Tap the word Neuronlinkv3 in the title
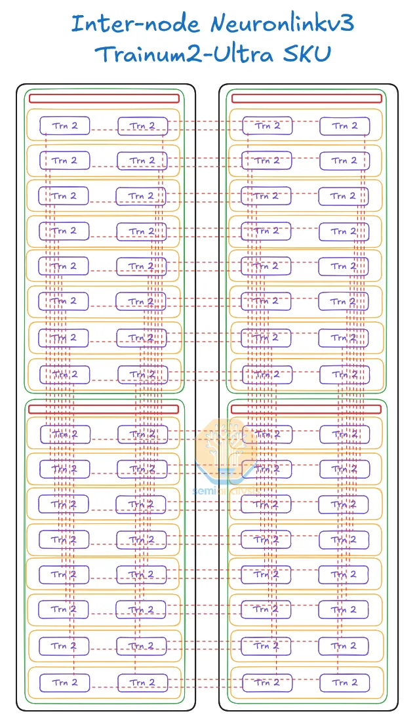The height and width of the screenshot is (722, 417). tap(283, 24)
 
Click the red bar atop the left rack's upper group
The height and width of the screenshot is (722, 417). tap(104, 98)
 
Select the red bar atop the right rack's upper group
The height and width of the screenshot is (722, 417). tap(306, 98)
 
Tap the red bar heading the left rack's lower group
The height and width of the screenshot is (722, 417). tap(104, 409)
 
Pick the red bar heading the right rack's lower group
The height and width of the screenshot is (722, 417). tap(306, 409)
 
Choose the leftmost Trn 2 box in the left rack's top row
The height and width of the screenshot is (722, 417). tap(64, 125)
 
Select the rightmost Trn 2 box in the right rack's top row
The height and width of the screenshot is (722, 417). tap(344, 126)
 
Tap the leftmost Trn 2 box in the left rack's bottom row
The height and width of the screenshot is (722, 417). tap(64, 682)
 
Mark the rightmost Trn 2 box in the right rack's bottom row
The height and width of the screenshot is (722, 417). tap(344, 683)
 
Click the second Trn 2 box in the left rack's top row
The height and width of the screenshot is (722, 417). tap(142, 126)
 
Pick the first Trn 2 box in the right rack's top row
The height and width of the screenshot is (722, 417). tap(267, 125)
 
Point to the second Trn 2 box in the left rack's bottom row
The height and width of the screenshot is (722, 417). tap(142, 683)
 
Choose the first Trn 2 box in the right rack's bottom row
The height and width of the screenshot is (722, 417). tap(267, 682)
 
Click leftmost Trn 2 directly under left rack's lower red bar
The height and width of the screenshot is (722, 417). tap(65, 434)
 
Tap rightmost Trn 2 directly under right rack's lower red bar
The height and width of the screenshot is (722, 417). tap(345, 434)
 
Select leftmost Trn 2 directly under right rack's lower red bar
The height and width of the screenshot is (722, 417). tap(268, 434)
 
